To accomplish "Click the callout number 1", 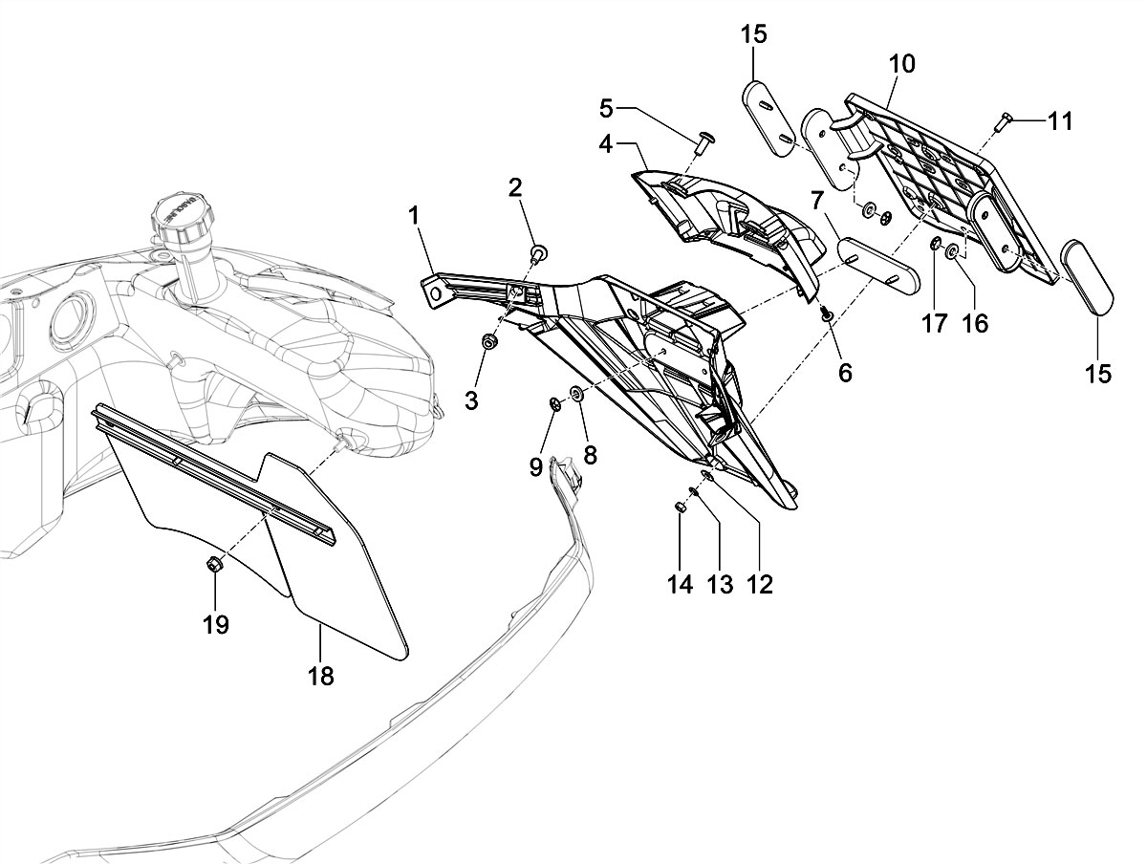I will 414,217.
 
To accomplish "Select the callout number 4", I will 606,145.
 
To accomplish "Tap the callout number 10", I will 901,64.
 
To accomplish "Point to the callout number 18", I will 321,676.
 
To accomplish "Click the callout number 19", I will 216,624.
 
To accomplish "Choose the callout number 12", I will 760,584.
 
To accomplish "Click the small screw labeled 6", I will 827,313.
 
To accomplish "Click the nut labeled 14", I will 680,508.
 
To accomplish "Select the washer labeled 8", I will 577,394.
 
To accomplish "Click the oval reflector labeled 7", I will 878,267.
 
